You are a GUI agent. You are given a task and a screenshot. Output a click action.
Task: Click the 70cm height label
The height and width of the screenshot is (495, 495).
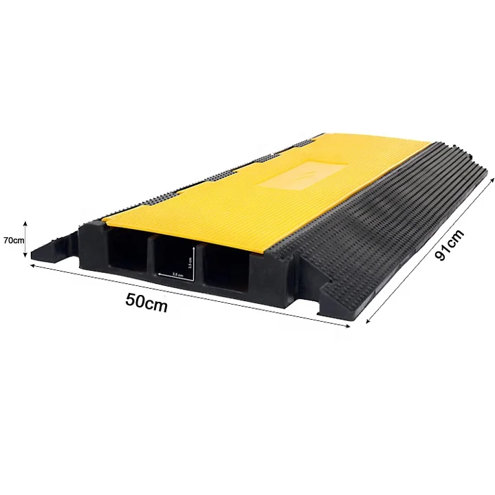tap(14, 240)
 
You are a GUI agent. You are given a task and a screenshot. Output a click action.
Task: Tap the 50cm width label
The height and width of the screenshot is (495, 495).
tap(146, 302)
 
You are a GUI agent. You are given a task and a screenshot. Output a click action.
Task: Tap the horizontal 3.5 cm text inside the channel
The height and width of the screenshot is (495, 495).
tap(177, 275)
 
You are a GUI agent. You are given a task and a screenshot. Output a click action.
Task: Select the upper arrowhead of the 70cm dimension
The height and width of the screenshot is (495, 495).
tap(26, 223)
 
